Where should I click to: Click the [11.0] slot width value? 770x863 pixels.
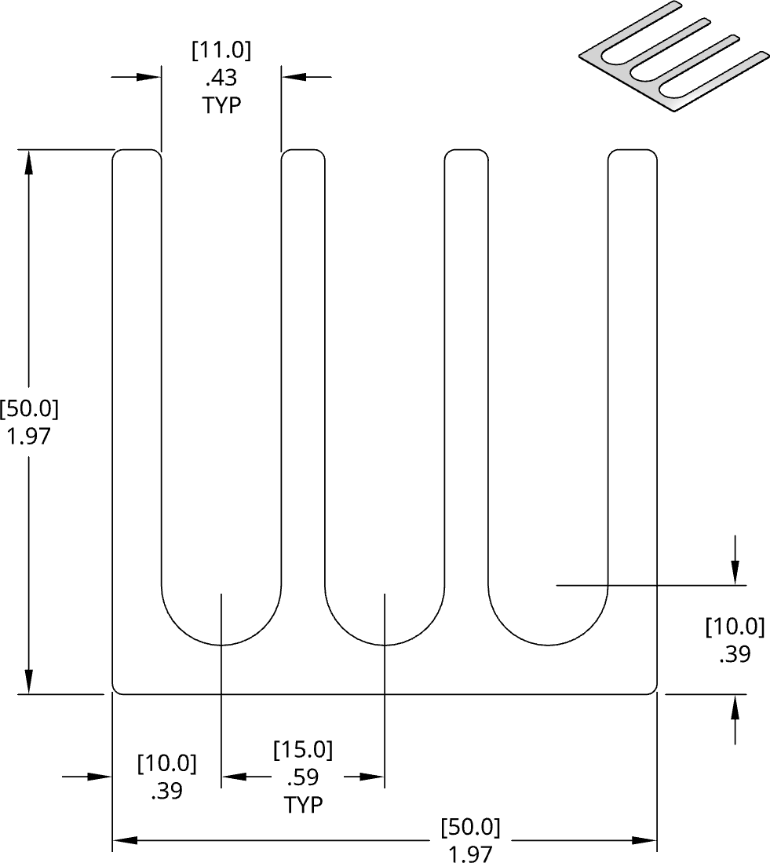[x=221, y=51]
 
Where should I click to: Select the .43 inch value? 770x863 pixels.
[x=221, y=78]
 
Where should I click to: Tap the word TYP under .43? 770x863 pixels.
[x=221, y=105]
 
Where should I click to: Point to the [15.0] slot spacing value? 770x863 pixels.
[x=303, y=750]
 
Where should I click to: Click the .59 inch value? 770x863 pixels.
[x=303, y=777]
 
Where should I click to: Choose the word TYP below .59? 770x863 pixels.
[x=303, y=805]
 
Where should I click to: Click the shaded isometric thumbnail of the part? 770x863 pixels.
[x=673, y=58]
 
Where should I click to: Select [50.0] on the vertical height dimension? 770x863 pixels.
[x=29, y=409]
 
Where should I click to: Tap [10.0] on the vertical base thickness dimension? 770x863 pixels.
[x=735, y=627]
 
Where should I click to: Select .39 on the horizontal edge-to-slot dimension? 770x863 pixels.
[x=166, y=791]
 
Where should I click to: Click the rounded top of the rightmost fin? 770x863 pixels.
[x=633, y=151]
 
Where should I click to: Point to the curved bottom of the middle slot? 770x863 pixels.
[x=385, y=643]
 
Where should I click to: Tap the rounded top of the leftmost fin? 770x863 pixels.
[x=137, y=151]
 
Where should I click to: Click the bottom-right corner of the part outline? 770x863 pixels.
[x=655, y=692]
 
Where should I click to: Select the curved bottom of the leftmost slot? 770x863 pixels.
[x=221, y=643]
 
